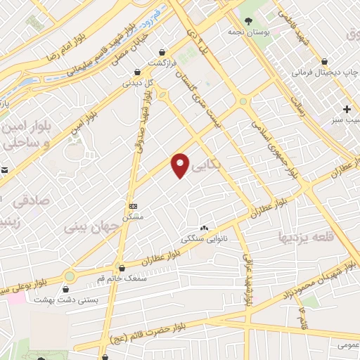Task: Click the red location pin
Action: [x=181, y=165]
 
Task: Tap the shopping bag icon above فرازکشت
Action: [x=162, y=52]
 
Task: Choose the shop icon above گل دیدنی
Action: [x=137, y=71]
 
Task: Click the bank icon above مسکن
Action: [x=134, y=206]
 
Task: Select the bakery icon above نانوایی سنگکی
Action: [x=205, y=229]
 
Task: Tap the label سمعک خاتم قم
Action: [x=124, y=278]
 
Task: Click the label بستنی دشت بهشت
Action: [x=66, y=300]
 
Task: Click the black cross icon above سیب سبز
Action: [x=347, y=110]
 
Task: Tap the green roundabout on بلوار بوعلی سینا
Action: [x=70, y=276]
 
